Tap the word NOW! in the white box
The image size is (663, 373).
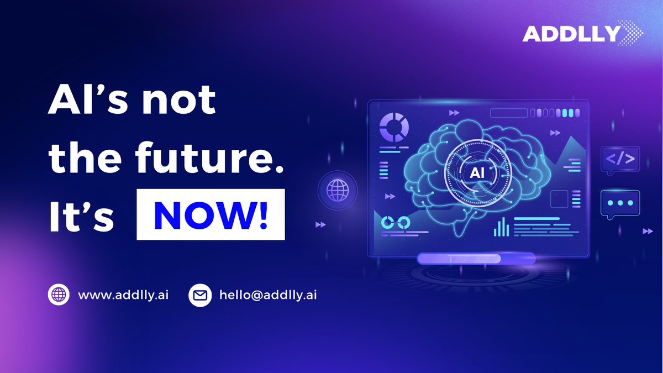(211, 215)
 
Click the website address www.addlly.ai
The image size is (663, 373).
(123, 295)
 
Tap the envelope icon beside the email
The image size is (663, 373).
(200, 295)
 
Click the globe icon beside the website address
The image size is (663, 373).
(59, 295)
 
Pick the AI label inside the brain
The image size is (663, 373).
(476, 172)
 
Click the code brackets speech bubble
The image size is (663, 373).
(620, 160)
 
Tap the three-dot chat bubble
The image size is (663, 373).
(620, 203)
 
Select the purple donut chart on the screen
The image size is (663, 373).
(394, 128)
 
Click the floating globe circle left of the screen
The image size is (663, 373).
(338, 191)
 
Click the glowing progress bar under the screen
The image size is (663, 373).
(476, 258)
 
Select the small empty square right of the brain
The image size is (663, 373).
(559, 199)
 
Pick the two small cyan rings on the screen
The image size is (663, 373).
(396, 222)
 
